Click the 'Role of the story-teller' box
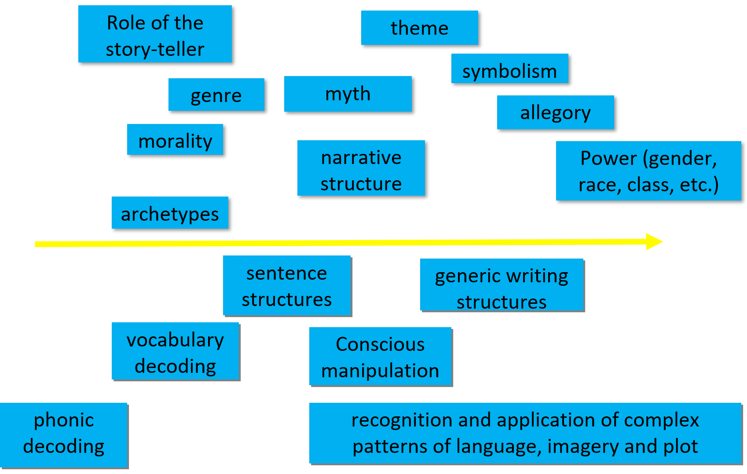click(x=155, y=34)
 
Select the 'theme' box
click(x=419, y=28)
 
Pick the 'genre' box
click(x=216, y=95)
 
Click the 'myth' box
click(x=348, y=94)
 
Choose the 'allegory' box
click(x=555, y=112)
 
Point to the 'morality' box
click(x=175, y=139)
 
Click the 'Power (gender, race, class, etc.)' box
click(x=648, y=171)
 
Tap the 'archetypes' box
click(x=170, y=213)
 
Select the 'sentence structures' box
click(x=287, y=286)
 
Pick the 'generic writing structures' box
click(x=502, y=285)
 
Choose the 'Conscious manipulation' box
click(x=381, y=357)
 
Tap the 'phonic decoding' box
click(x=64, y=434)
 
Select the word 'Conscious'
click(x=380, y=344)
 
